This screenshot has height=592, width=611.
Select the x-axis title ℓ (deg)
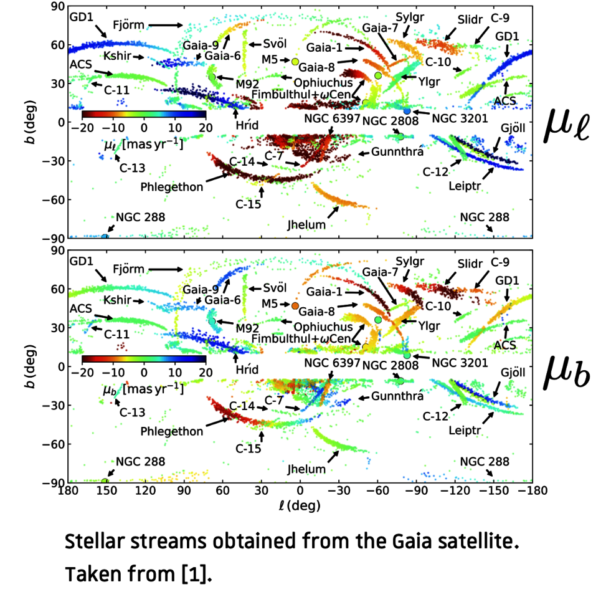point(300,505)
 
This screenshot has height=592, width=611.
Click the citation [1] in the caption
point(199,570)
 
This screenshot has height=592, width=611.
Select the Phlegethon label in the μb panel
point(171,431)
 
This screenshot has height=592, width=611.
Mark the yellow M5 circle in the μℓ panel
point(296,62)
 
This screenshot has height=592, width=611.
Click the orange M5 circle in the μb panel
point(296,306)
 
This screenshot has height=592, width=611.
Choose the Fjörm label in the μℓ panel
point(128,26)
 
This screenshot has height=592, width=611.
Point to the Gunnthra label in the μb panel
point(398,396)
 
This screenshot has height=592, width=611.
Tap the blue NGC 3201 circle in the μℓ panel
point(407,110)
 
